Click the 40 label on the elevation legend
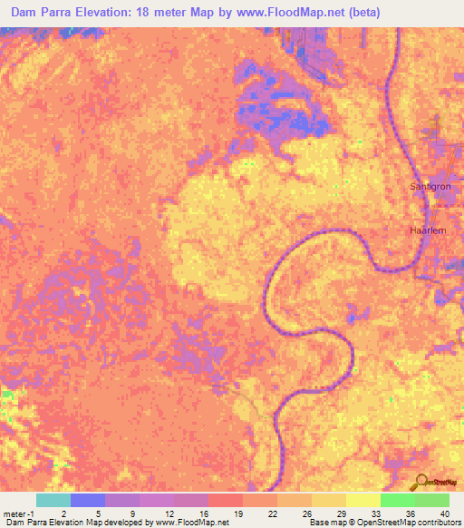443,513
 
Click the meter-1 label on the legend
18,513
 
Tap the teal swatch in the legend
53,500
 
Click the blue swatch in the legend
88,500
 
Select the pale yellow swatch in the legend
362,500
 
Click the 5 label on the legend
99,513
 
